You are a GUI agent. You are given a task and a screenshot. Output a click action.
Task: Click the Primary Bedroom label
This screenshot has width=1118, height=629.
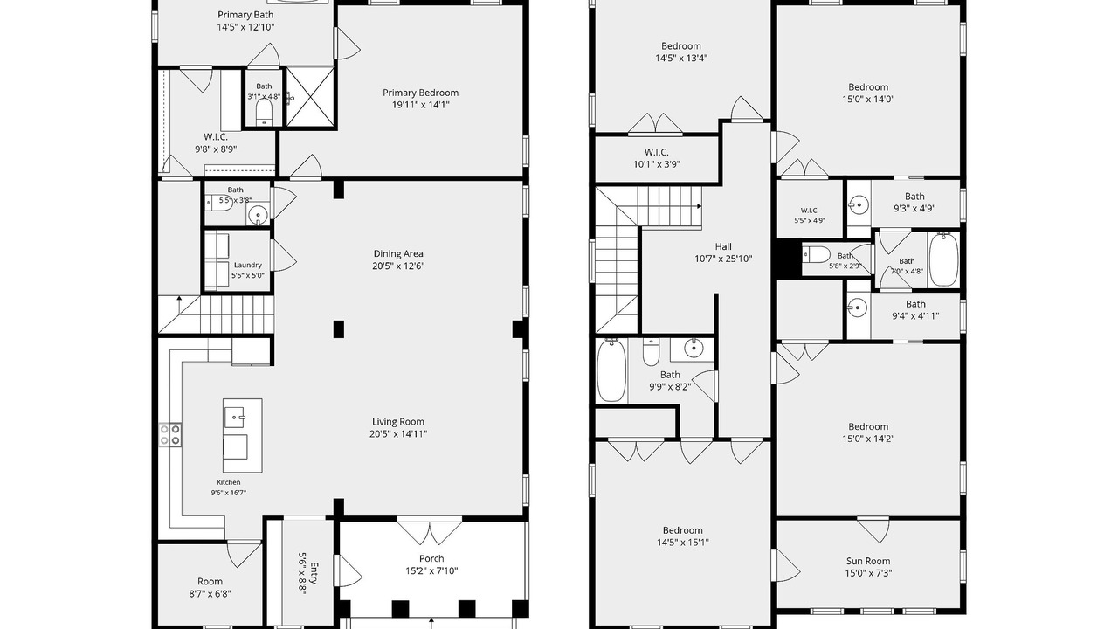[420, 93]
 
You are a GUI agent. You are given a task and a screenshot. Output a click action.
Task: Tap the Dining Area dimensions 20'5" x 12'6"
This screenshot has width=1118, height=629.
[398, 266]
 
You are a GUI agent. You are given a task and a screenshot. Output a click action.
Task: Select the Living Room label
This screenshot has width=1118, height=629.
[398, 422]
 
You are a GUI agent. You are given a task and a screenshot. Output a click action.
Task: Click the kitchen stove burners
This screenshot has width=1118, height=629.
[170, 434]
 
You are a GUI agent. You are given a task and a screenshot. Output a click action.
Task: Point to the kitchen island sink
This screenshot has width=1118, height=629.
[235, 418]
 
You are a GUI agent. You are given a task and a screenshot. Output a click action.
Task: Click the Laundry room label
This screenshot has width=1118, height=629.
[247, 265]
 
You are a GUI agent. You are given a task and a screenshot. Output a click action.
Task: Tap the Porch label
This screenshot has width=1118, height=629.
[431, 558]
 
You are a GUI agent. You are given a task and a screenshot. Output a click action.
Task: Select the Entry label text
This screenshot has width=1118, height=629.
[314, 573]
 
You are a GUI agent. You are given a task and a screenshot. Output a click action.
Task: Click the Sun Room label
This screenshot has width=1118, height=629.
[868, 561]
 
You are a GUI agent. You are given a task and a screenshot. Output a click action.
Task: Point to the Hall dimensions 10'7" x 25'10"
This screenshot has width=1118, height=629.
[723, 259]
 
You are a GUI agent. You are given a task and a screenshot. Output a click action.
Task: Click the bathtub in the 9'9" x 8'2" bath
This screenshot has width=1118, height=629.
[612, 370]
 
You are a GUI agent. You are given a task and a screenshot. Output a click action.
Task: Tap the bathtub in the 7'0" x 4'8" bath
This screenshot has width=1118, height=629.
[943, 259]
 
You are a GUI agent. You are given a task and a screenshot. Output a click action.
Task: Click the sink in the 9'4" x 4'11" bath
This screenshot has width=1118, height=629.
[858, 308]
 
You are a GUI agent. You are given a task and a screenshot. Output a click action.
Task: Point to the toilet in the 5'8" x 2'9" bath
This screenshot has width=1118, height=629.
[816, 255]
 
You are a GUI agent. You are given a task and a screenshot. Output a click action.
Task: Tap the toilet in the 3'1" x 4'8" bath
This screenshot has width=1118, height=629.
[264, 113]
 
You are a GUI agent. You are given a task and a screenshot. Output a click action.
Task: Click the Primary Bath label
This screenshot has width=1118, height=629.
[245, 15]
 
